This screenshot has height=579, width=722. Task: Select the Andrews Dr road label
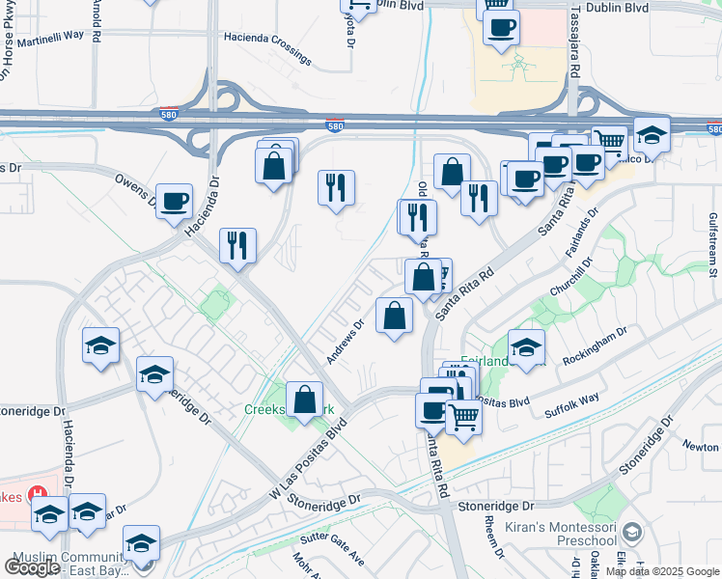pos(344,343)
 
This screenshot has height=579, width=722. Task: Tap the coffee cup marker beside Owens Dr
pos(174,202)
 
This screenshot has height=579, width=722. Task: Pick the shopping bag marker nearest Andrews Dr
pos(394,316)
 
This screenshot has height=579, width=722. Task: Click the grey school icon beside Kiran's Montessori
pos(632,532)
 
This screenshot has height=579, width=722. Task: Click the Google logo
pos(32,567)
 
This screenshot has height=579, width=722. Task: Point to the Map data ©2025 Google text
pos(662,571)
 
